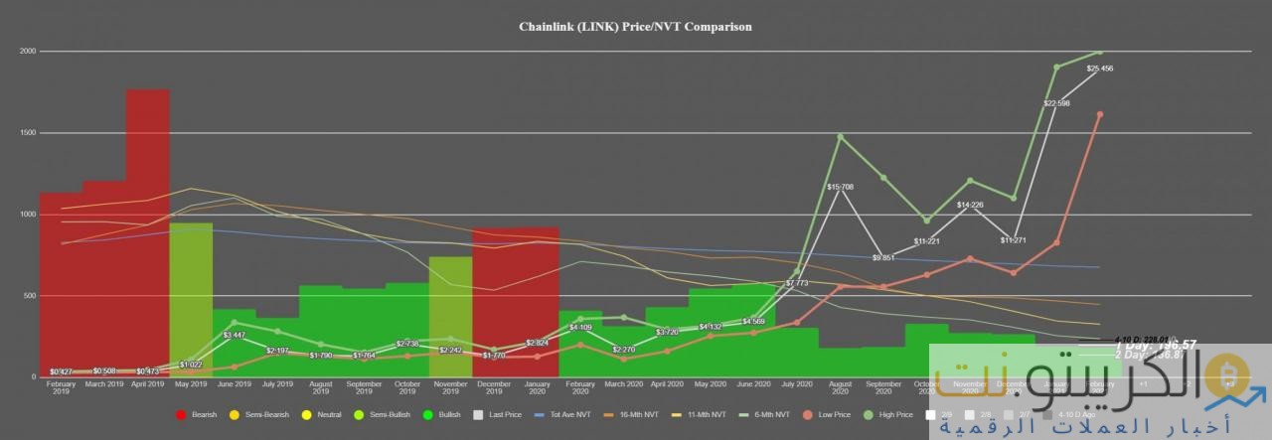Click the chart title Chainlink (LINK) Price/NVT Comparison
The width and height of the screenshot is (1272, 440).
pyautogui.click(x=635, y=27)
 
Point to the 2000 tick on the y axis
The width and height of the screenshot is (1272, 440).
pyautogui.click(x=27, y=51)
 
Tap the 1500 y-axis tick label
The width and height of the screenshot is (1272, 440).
pyautogui.click(x=27, y=132)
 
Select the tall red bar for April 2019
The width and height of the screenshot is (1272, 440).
pyautogui.click(x=147, y=228)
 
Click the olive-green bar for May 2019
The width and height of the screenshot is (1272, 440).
pyautogui.click(x=191, y=298)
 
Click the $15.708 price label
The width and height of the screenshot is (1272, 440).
pyautogui.click(x=841, y=187)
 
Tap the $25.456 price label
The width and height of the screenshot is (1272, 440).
pyautogui.click(x=1099, y=69)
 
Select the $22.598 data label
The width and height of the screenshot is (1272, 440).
pyautogui.click(x=1055, y=103)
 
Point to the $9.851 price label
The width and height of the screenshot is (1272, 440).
pyautogui.click(x=883, y=257)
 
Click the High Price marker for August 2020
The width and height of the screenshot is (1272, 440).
pyautogui.click(x=841, y=136)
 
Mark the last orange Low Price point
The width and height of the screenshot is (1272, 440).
pyautogui.click(x=1099, y=114)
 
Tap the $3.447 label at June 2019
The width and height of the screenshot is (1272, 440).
pyautogui.click(x=234, y=336)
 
